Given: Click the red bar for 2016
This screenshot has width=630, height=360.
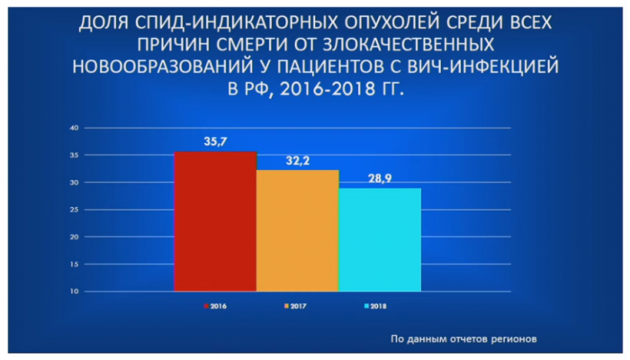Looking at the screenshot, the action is pos(215,221).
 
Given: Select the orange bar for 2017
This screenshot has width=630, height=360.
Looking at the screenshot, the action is pos(298,230).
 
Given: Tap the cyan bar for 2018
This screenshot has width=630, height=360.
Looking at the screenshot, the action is pos(380,240).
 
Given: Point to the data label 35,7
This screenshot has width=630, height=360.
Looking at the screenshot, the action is pos(215,141).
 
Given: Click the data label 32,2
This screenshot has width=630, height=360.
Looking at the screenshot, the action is pos(298,161).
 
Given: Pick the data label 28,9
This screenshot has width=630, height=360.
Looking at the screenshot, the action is pos(380,178).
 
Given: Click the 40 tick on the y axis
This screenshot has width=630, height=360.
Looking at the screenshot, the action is pos(75,128).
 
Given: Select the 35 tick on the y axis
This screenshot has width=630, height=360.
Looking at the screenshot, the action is pos(75,155).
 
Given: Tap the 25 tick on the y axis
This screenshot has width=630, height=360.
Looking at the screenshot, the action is pos(75,210).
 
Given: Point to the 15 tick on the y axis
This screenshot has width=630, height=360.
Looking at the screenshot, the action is pos(75,265).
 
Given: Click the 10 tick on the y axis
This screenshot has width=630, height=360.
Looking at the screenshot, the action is pos(75,292).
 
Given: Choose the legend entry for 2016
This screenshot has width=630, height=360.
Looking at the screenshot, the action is pos(215,306).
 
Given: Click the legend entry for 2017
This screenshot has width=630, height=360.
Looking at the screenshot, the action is pos(295,306).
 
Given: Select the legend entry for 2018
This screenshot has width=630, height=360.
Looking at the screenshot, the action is pos(375,306).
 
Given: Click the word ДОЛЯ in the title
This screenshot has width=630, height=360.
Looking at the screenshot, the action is pos(103,23).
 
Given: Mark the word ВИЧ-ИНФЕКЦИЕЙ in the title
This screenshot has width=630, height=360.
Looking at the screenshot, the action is pos(483,67).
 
